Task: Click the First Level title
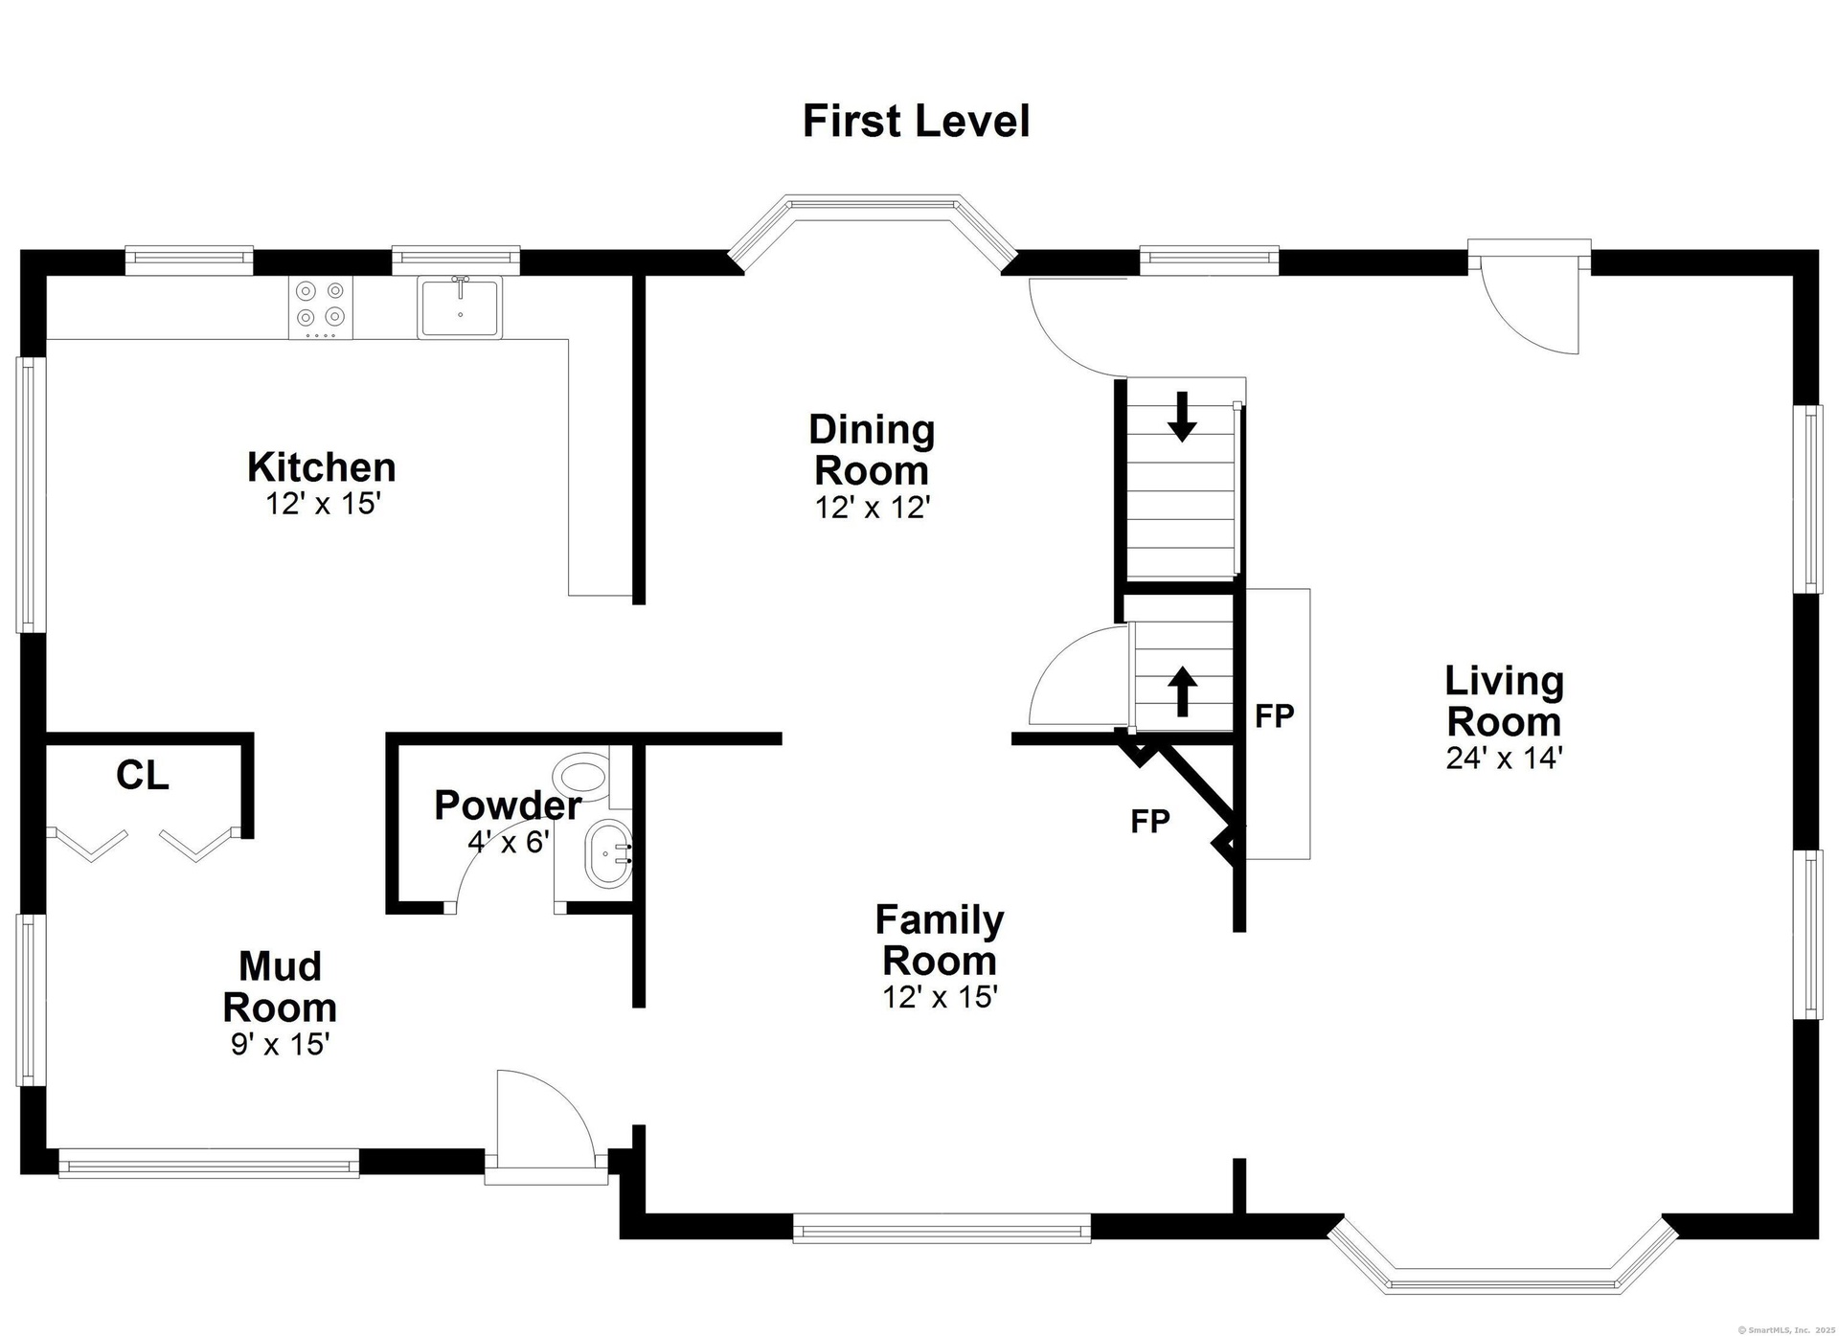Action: coord(916,122)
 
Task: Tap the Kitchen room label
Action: coord(322,467)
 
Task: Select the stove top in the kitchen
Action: coord(321,307)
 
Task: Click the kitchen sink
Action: coord(460,306)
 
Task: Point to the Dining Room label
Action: coord(872,449)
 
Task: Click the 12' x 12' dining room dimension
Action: coord(873,507)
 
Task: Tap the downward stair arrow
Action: coord(1182,417)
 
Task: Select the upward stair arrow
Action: coord(1182,691)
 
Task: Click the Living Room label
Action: coord(1504,700)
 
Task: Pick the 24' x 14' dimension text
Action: coord(1504,758)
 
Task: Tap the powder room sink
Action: coord(608,852)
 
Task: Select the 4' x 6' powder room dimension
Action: coord(509,842)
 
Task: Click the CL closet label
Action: coord(143,776)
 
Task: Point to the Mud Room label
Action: coord(280,986)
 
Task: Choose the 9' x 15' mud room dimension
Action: coord(280,1044)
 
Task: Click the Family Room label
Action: coord(940,940)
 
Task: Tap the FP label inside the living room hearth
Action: coord(1275,715)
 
